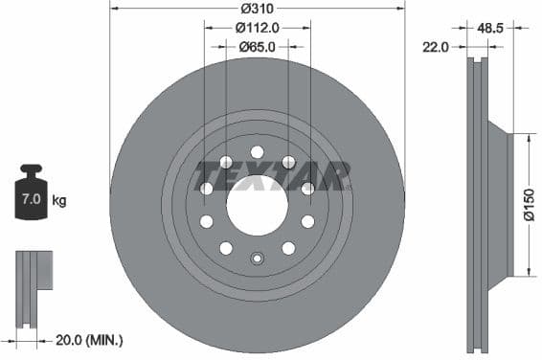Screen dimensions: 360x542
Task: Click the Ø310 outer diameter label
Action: [x=258, y=8]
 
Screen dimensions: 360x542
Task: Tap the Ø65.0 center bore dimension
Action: [x=257, y=45]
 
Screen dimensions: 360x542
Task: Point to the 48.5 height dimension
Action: [x=490, y=30]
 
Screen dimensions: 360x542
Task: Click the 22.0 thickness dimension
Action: [x=436, y=46]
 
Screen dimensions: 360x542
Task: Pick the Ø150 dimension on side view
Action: [x=529, y=203]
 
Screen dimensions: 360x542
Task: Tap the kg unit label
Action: [x=59, y=201]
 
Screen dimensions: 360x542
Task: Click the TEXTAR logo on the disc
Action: [x=272, y=175]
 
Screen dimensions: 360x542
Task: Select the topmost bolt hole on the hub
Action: [x=257, y=151]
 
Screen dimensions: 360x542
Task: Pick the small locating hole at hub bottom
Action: [x=257, y=259]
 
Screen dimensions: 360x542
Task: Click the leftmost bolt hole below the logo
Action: [x=206, y=221]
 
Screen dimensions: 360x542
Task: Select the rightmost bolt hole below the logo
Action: [x=307, y=221]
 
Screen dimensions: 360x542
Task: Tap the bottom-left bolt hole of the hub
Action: [x=226, y=248]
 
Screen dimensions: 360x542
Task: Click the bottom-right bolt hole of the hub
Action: [x=288, y=248]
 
